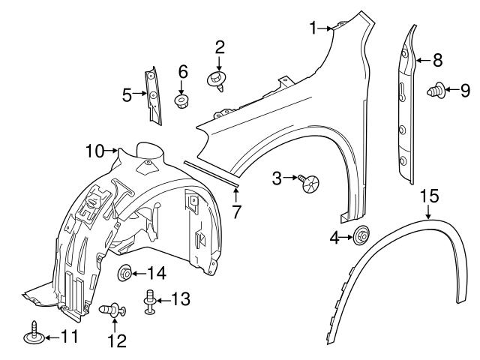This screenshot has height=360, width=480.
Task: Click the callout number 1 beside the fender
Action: (314, 28)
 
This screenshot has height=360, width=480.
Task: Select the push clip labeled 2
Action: (217, 79)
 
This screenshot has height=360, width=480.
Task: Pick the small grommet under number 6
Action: (182, 100)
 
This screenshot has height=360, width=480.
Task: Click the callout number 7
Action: (236, 212)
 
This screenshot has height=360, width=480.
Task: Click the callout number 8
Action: (438, 58)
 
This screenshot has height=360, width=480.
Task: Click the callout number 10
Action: (95, 151)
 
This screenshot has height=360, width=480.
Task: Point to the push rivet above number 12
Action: (113, 308)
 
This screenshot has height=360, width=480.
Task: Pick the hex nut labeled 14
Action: (124, 273)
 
